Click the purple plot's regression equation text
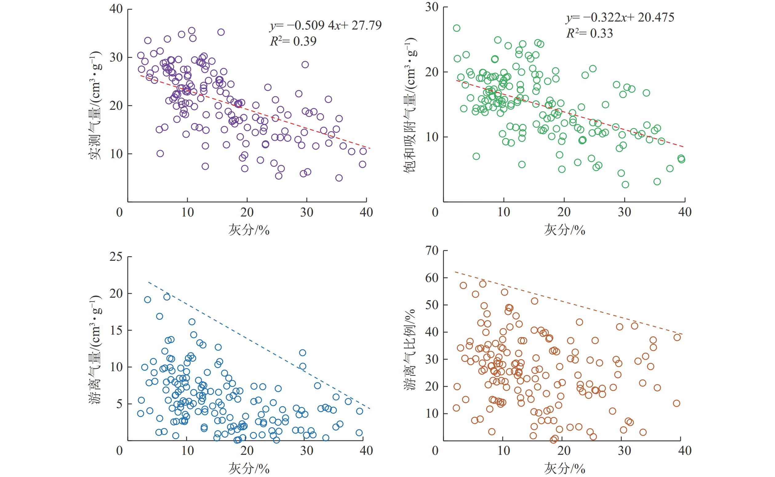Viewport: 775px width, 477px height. pos(325,25)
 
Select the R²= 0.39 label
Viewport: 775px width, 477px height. pos(293,41)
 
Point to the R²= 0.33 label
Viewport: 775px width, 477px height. pos(589,34)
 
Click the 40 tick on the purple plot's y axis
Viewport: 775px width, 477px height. pos(116,9)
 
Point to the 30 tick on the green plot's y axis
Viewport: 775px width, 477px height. pos(432,7)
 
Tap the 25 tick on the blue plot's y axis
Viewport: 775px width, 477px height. pos(116,257)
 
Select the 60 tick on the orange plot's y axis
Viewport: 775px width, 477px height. pos(432,278)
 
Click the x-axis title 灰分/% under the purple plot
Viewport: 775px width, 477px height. pos(249,230)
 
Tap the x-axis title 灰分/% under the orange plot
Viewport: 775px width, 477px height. pos(564,469)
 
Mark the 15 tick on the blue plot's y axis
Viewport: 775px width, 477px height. pos(116,330)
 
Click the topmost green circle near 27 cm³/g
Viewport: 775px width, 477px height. pos(457,28)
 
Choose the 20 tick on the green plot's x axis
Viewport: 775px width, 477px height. pos(564,212)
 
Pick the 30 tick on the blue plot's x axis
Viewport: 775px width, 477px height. pos(306,451)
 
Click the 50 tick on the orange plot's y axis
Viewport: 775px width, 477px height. pos(432,305)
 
